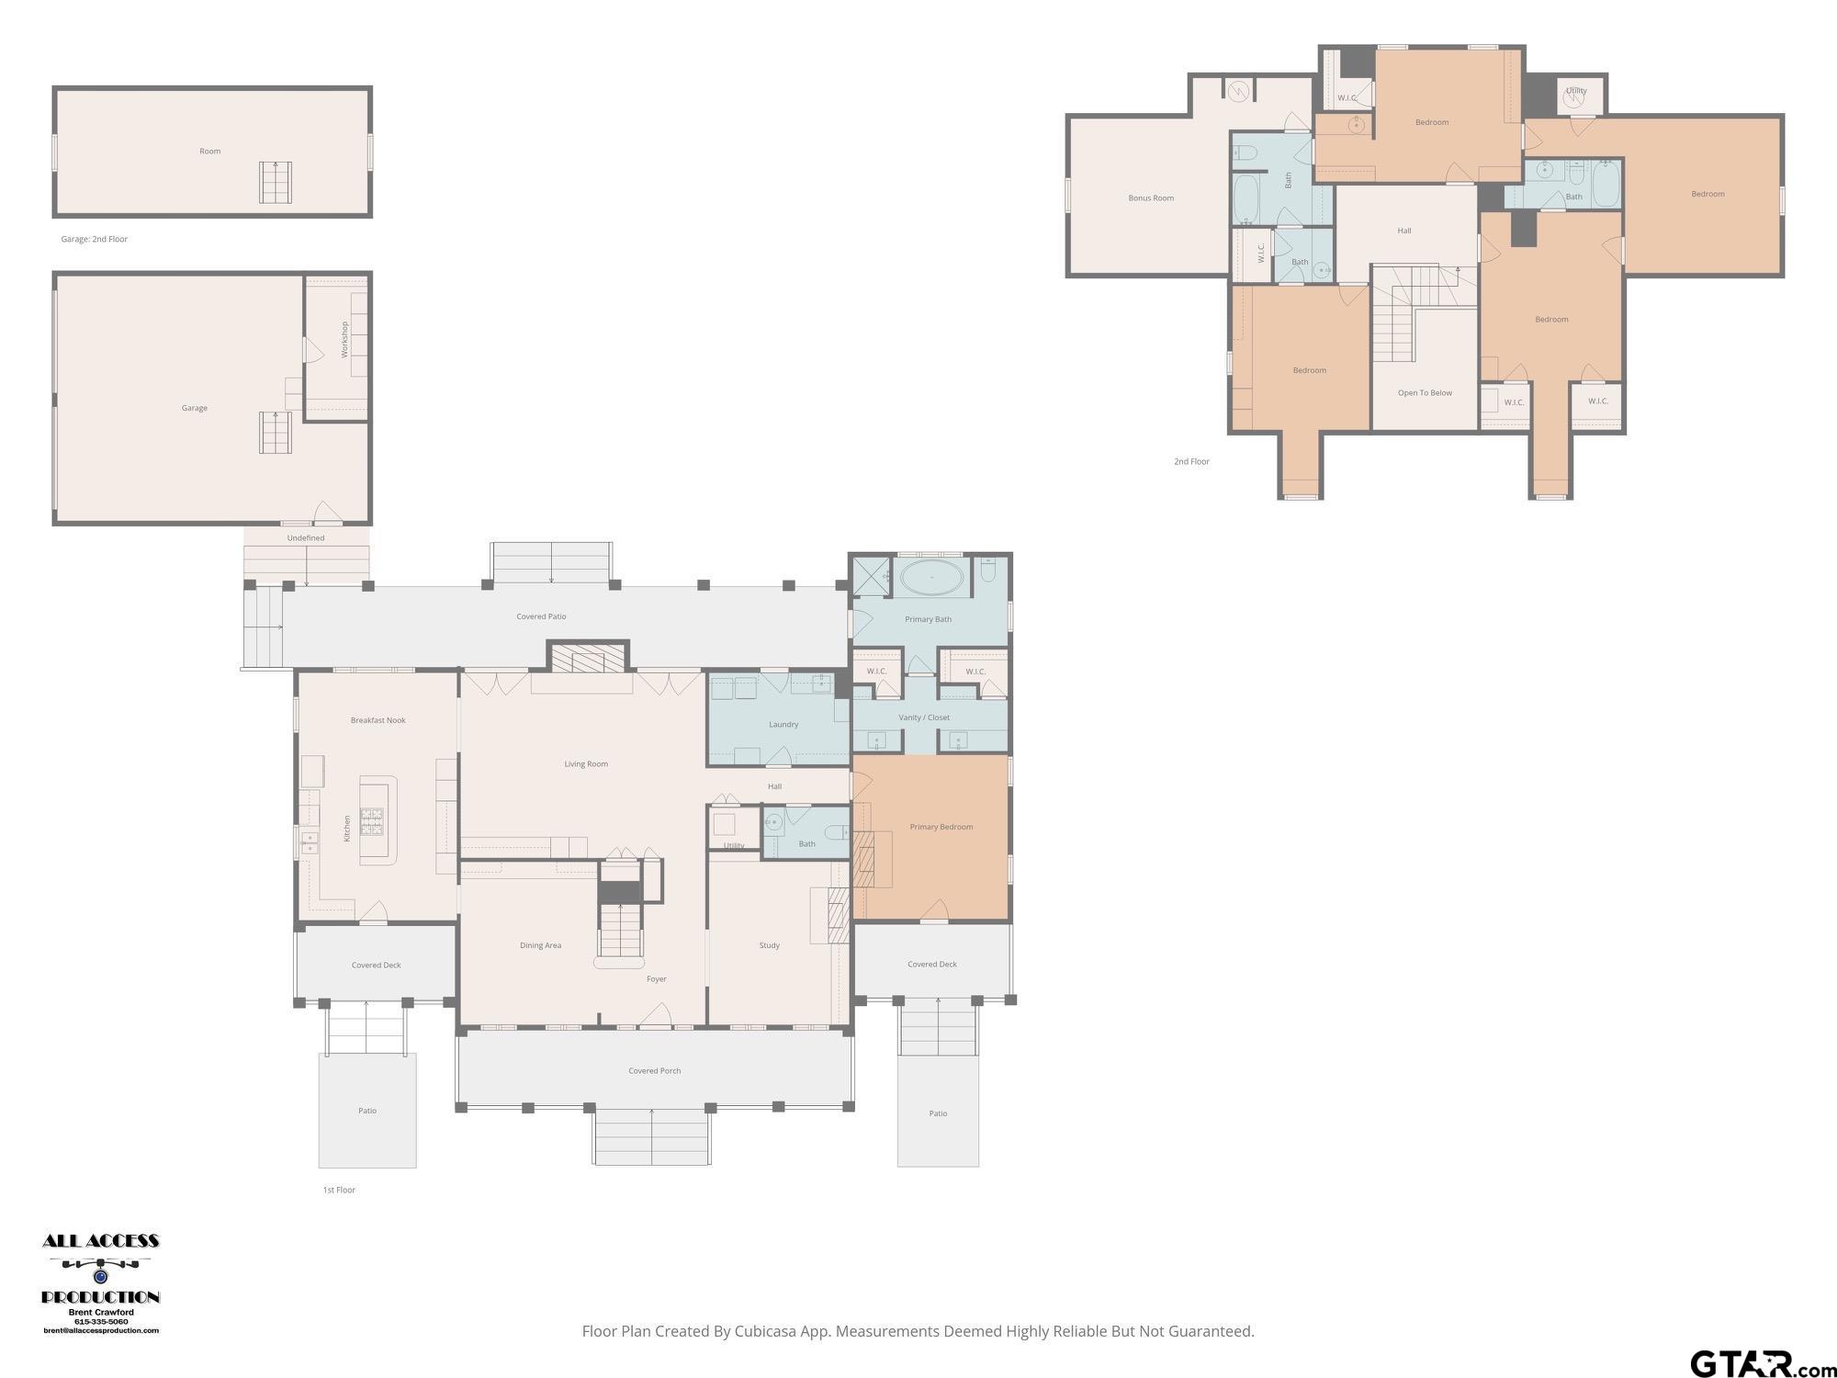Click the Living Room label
[x=586, y=764]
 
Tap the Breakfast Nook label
[x=378, y=720]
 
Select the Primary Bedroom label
[x=941, y=827]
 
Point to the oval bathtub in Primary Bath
[x=931, y=578]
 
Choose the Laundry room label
[x=783, y=725]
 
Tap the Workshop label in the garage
[x=345, y=339]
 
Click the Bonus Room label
[x=1151, y=198]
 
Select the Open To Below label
[x=1425, y=393]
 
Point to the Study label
[x=770, y=945]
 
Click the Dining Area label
[x=540, y=945]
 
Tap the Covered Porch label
[x=655, y=1071]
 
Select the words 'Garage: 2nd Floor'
[x=95, y=239]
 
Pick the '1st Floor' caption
[x=339, y=1190]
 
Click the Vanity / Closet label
[x=924, y=717]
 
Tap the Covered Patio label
[x=541, y=616]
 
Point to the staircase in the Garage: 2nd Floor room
[x=276, y=182]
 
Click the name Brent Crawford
[x=101, y=1313]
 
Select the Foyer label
[x=657, y=979]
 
